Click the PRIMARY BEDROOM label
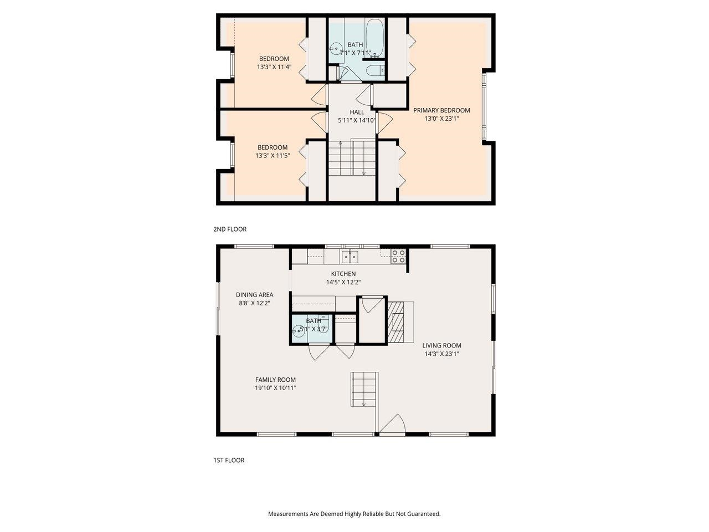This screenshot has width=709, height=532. [441, 110]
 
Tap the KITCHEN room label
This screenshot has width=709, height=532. [343, 274]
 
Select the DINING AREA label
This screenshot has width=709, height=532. [254, 295]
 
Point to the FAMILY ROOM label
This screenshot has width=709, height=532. [275, 380]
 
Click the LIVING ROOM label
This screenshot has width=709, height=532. [441, 345]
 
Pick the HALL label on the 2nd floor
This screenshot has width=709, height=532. [357, 112]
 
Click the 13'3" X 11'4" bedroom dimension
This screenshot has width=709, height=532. [274, 67]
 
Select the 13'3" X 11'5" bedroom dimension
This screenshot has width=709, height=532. [273, 156]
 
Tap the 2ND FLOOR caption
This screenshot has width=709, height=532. [230, 229]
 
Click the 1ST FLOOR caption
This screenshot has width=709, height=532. [229, 460]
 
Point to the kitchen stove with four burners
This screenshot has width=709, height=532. [398, 256]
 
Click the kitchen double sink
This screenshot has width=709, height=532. [350, 256]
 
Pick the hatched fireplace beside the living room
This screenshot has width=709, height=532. [397, 323]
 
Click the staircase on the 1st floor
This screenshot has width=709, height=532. [364, 389]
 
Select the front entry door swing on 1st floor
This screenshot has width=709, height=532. [394, 424]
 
